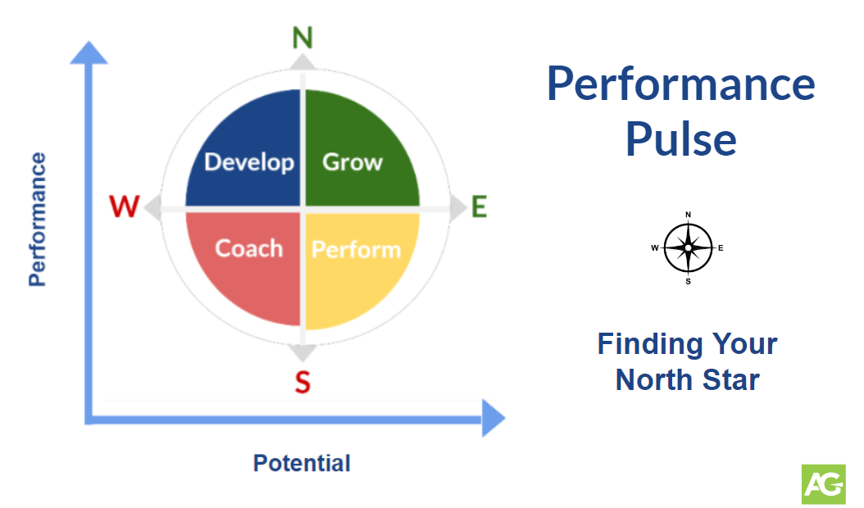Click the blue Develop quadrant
(246, 152)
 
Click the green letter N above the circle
(302, 38)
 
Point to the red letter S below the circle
(302, 382)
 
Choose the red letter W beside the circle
(125, 207)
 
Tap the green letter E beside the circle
(479, 207)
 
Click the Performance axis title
(37, 219)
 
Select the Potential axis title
(302, 463)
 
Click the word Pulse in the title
(680, 138)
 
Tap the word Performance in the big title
(680, 84)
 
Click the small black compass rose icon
(688, 247)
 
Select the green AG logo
(823, 483)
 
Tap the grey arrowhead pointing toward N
(302, 62)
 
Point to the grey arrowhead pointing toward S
(302, 352)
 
